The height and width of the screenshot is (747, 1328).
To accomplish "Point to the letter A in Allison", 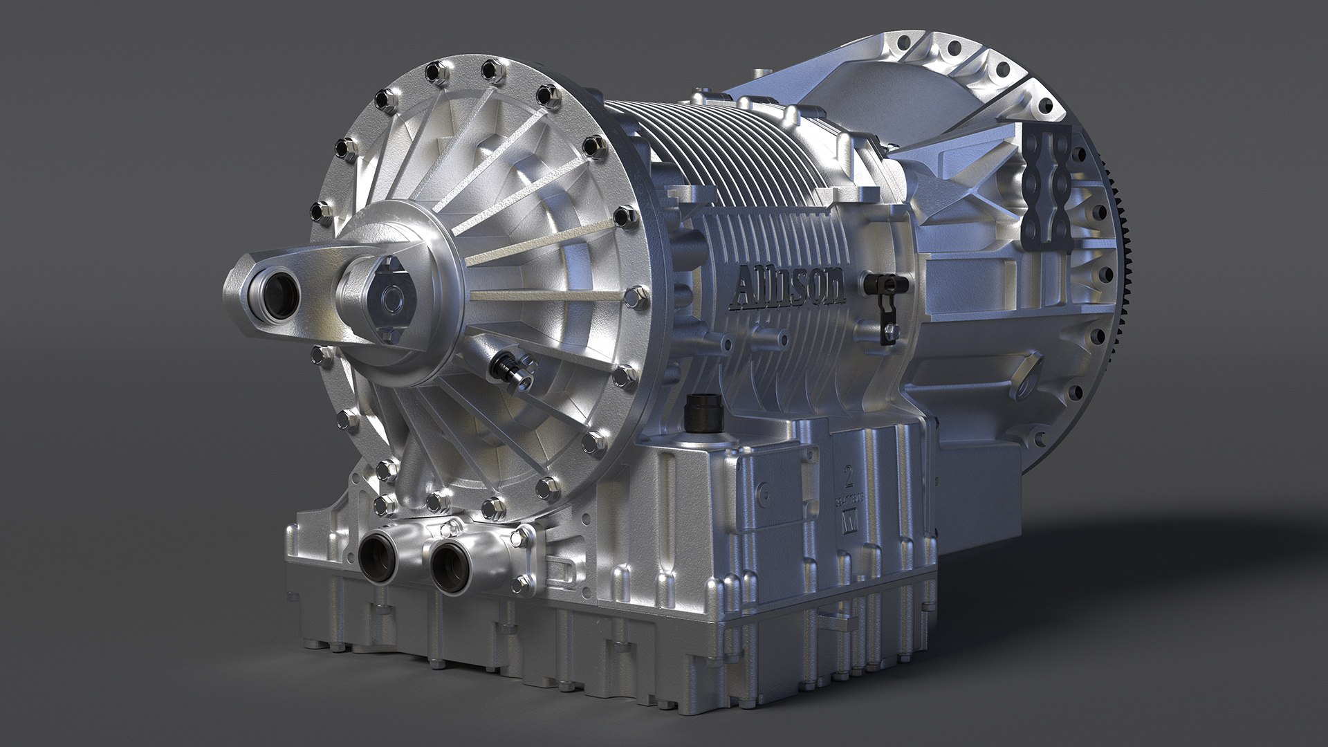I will coord(744,281).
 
